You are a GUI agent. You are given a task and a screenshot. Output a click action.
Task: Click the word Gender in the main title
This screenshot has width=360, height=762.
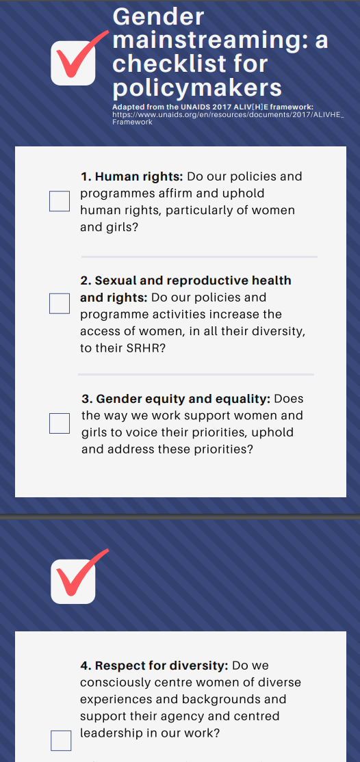158,16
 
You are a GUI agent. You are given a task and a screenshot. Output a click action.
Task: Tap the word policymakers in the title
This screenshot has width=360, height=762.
197,88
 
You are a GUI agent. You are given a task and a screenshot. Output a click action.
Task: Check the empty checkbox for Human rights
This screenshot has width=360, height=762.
60,201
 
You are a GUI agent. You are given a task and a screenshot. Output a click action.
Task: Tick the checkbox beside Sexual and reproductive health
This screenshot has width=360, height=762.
60,304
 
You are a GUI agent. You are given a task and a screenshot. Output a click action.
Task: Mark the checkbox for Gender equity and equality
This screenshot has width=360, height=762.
60,423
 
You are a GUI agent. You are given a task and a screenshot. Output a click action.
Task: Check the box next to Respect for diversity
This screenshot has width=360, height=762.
61,741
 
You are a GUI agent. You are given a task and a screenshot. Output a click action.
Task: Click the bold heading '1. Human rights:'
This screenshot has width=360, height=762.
131,176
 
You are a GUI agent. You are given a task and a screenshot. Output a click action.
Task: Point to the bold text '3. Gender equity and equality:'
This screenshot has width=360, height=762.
176,399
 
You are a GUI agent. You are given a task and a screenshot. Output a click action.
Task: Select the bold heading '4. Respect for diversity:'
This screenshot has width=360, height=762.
154,666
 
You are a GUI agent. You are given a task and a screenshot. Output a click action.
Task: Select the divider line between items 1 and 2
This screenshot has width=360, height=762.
199,257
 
